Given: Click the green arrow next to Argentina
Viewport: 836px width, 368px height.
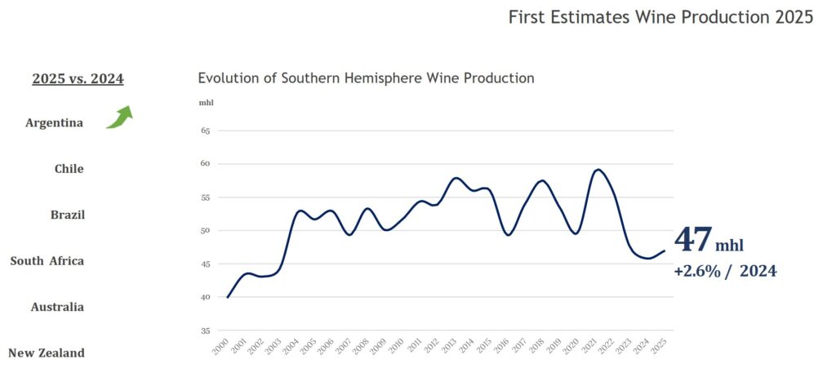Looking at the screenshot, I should [119, 117].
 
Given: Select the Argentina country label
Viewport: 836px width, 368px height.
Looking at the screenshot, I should [54, 123].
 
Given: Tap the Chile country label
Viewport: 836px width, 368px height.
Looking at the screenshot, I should [69, 169].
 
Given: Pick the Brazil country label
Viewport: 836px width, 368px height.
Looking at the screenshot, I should [67, 215].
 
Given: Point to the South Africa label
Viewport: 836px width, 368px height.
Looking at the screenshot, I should [47, 261].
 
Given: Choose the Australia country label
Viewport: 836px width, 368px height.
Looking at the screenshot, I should [57, 307].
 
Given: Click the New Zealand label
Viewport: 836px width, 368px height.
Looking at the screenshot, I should [47, 353].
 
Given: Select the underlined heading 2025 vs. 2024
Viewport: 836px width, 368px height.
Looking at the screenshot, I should [78, 79].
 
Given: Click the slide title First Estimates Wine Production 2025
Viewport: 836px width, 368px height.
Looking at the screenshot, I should [660, 17].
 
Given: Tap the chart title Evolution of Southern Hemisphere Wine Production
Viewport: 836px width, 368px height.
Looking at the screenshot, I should [366, 78].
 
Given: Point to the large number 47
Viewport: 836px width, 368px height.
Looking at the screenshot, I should [692, 241].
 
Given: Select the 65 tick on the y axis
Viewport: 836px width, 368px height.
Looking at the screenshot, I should [205, 131].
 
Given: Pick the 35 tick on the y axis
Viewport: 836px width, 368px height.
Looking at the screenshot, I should [205, 331].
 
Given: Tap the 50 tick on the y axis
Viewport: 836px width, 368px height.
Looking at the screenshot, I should [205, 231].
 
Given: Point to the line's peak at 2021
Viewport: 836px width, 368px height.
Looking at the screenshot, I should [598, 170].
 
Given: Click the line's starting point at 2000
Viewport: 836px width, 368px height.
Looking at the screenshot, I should [227, 297].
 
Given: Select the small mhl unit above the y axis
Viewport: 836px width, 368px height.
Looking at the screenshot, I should [206, 103].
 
